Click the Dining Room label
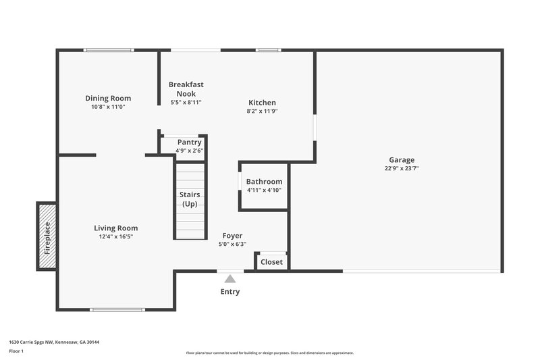coord(108,98)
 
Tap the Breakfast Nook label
coord(186,89)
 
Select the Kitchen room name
coord(262,103)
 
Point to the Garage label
coord(401,160)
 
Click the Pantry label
coord(190,143)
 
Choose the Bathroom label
coord(264,182)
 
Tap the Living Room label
coord(115,228)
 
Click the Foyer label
coord(233,236)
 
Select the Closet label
coord(271,261)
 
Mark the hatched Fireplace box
coord(47,235)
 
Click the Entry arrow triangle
coord(230,278)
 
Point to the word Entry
coord(230,292)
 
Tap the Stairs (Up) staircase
coord(190,201)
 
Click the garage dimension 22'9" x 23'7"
coord(402,169)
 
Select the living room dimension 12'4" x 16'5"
coord(115,237)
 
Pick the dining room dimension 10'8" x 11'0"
coord(108,107)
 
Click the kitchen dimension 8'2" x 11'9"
coord(262,111)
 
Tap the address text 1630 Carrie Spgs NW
coord(34,342)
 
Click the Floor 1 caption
coord(16,351)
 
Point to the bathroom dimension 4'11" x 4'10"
coord(264,190)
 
